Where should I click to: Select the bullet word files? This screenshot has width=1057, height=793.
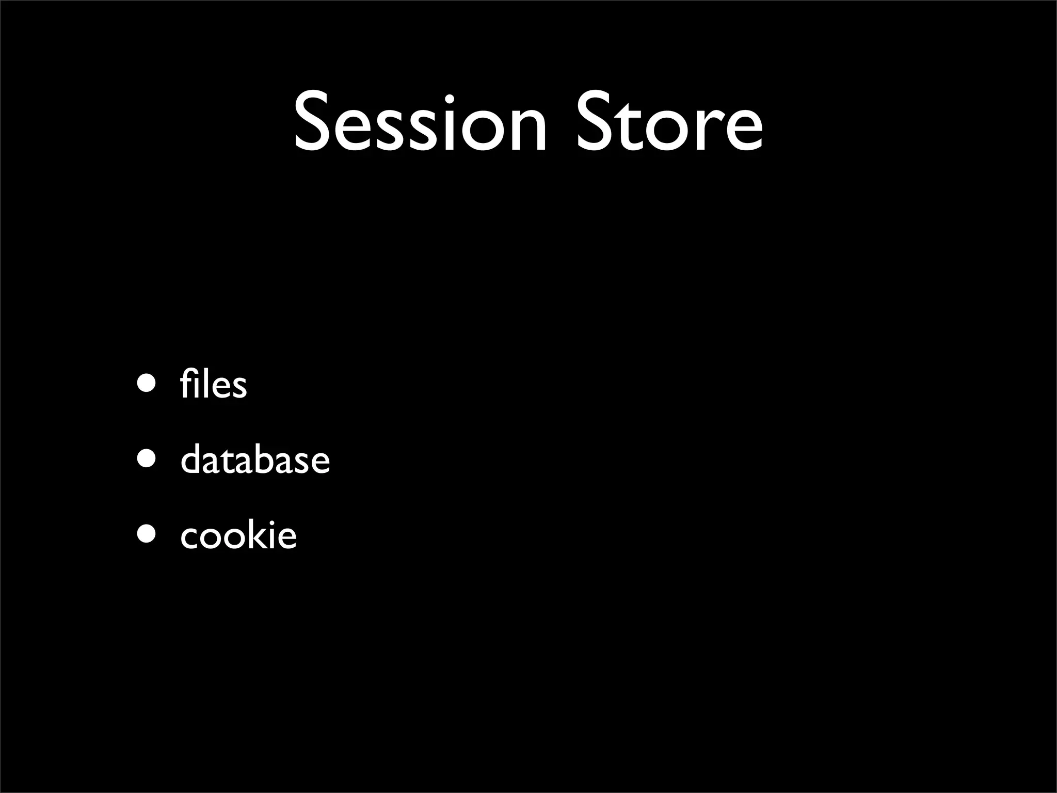[214, 385]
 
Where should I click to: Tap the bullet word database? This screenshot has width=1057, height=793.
[255, 459]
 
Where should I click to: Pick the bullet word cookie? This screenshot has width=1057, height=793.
[238, 535]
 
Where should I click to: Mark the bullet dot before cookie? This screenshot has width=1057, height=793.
[146, 535]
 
